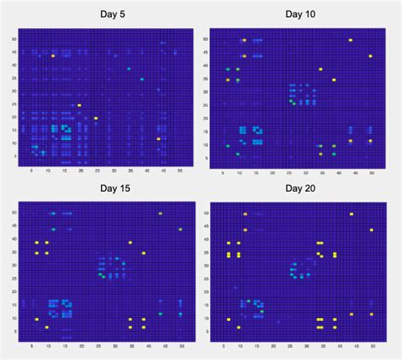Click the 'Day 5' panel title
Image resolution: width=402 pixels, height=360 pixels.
[x=102, y=14]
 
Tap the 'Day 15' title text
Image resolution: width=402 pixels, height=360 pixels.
[x=102, y=188]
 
